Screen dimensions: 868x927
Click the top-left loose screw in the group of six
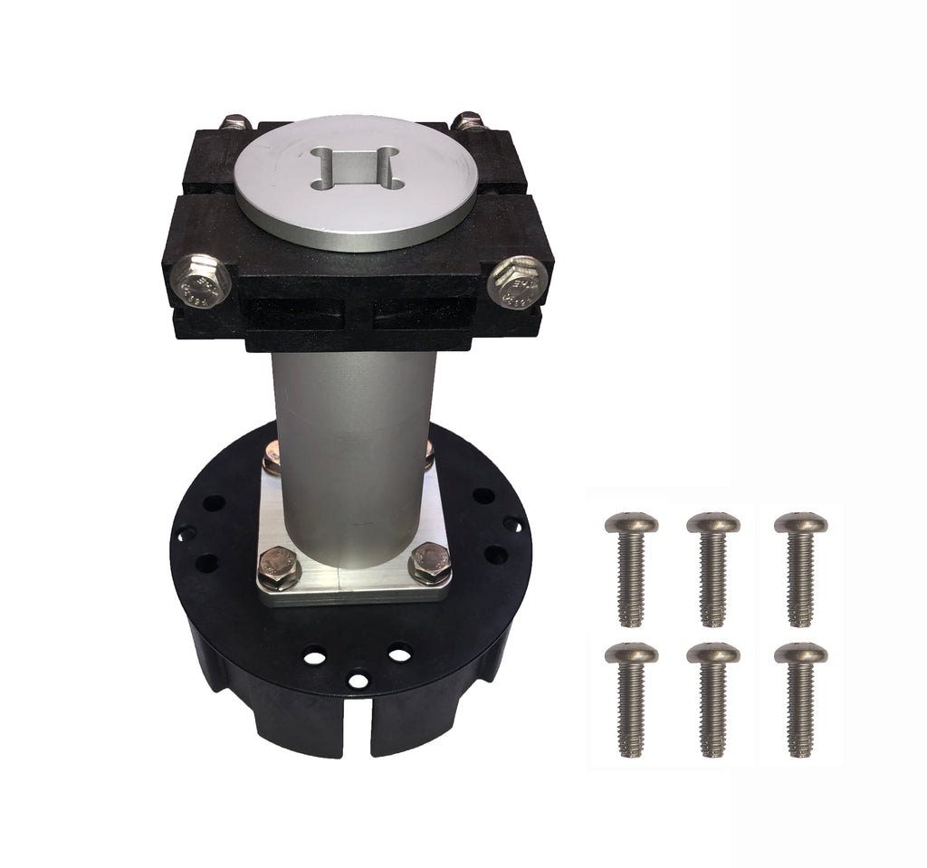coord(631,566)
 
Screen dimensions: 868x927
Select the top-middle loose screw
coord(713,566)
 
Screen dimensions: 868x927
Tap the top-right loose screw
coord(800,566)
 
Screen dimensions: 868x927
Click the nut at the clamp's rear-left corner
coord(236,121)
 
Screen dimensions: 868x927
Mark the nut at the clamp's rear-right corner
coord(469,120)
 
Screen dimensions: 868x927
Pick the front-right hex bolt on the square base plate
coord(429,563)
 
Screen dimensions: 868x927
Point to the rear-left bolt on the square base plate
coord(272,460)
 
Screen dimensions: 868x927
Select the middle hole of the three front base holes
coord(359,679)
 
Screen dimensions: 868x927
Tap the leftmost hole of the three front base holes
coord(315,655)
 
